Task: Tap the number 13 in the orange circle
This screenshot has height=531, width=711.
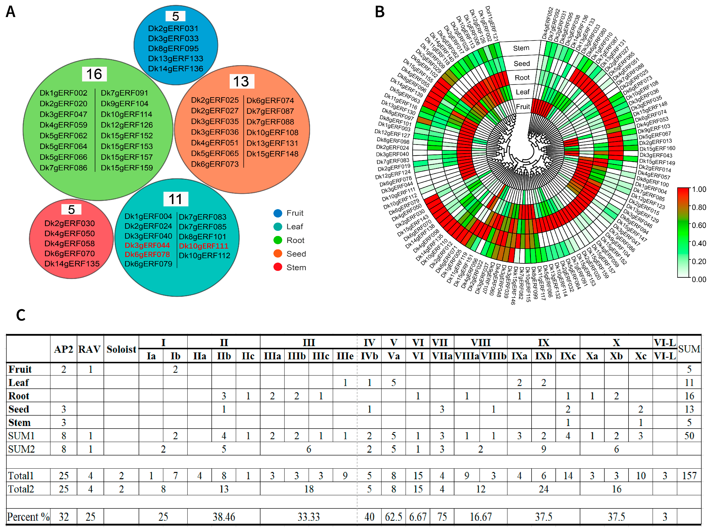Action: pyautogui.click(x=241, y=81)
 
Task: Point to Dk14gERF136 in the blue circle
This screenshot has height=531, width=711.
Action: pyautogui.click(x=176, y=69)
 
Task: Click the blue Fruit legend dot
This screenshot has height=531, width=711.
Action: pyautogui.click(x=278, y=213)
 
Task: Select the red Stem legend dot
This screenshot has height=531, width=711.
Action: pyautogui.click(x=278, y=267)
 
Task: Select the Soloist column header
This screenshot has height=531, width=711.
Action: pyautogui.click(x=121, y=349)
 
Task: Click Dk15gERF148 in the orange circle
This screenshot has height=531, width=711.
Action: pyautogui.click(x=272, y=154)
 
